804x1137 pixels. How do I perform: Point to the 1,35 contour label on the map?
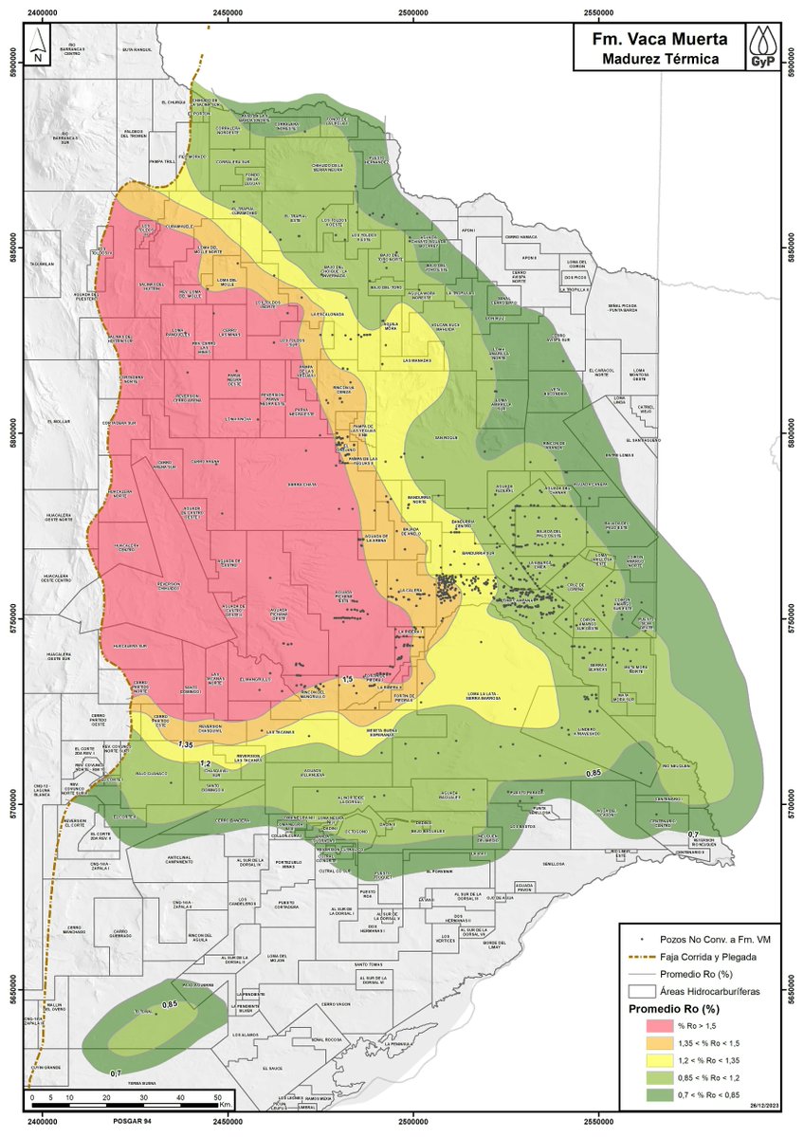pyautogui.click(x=186, y=745)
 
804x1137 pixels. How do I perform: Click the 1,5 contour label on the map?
pyautogui.click(x=347, y=679)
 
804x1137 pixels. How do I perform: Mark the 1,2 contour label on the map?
pyautogui.click(x=204, y=762)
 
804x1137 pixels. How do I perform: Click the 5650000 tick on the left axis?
pyautogui.click(x=12, y=991)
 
